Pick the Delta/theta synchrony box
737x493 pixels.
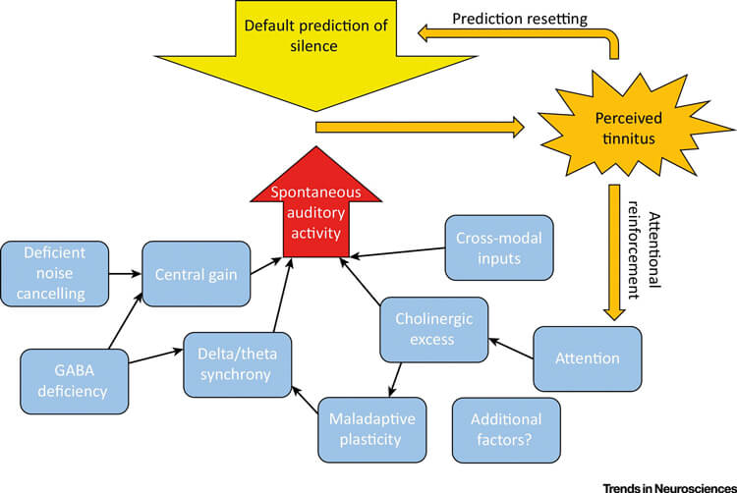[232, 363]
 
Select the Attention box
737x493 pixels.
[588, 357]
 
